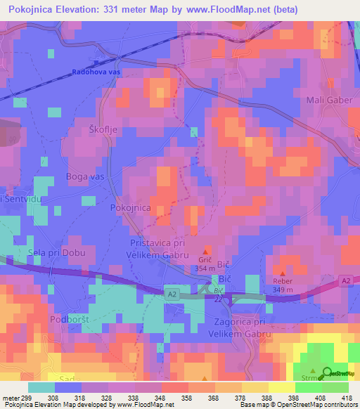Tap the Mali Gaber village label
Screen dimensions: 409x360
coord(328,100)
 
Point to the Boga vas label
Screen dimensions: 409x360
coord(84,176)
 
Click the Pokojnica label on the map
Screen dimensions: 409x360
coord(131,209)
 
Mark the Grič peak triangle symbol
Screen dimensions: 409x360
coord(206,252)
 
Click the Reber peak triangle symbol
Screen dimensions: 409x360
coord(282,274)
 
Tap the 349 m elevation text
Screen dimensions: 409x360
coord(282,290)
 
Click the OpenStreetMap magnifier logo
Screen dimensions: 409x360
coord(328,373)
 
